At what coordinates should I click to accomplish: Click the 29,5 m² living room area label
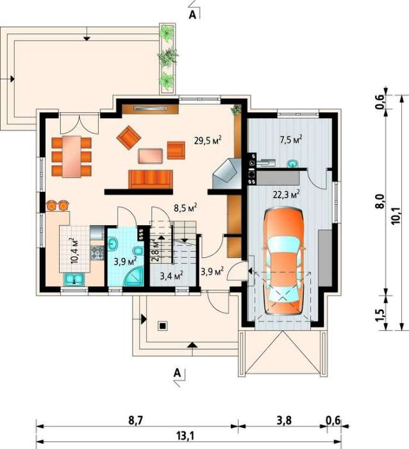(208, 140)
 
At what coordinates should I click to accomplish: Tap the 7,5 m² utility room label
(291, 139)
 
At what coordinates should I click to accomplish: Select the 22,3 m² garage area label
(286, 194)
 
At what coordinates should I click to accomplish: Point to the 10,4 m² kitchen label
(75, 250)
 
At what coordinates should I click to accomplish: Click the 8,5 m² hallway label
(185, 208)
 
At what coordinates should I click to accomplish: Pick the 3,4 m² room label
(171, 276)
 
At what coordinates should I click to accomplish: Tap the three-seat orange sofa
(151, 179)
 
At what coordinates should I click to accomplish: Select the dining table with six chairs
(72, 157)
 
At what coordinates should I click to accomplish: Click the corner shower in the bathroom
(135, 276)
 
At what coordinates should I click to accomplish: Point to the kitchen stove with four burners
(97, 253)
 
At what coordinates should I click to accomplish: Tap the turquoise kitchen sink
(74, 280)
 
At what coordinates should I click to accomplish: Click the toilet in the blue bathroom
(138, 251)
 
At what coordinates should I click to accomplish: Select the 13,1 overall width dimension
(185, 436)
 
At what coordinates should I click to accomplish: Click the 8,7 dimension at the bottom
(135, 420)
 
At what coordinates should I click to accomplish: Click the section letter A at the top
(192, 15)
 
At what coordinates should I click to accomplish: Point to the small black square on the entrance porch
(163, 326)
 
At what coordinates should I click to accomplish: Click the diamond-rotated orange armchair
(129, 137)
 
